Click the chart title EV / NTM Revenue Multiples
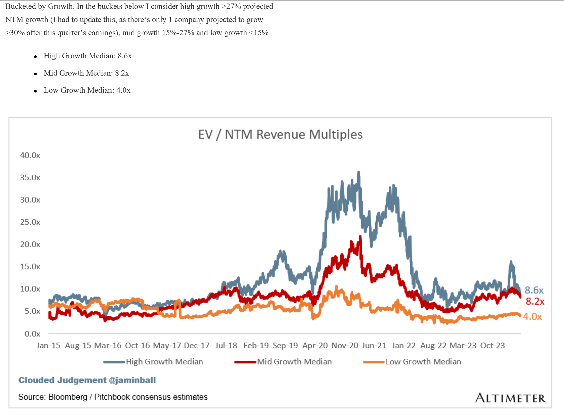(x=280, y=134)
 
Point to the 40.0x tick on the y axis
(x=30, y=155)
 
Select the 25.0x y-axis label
(x=30, y=222)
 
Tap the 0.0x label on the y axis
(x=32, y=334)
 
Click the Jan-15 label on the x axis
(x=48, y=346)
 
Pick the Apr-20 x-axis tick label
(x=315, y=346)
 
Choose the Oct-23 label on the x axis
(x=492, y=346)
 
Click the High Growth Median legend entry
(x=164, y=362)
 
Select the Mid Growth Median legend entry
(x=294, y=362)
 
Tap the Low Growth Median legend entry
(x=423, y=362)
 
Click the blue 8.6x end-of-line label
(x=534, y=290)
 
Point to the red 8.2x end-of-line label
(x=535, y=301)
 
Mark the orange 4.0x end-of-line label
(x=532, y=317)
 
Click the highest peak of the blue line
(x=359, y=172)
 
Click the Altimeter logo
(x=510, y=398)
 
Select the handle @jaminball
(x=132, y=380)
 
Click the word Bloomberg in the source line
(x=68, y=397)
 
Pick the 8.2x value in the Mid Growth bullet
(x=122, y=73)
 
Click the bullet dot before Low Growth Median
(x=36, y=91)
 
